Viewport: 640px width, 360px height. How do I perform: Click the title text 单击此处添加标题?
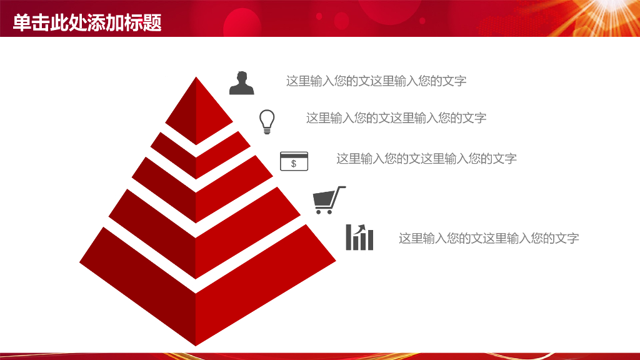click(87, 23)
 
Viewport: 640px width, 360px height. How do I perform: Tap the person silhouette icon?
click(242, 83)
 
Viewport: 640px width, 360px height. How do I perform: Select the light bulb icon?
click(267, 121)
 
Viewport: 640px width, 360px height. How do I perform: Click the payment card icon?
click(294, 161)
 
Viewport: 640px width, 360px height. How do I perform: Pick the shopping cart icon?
click(327, 201)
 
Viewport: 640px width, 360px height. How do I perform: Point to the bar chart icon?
click(359, 237)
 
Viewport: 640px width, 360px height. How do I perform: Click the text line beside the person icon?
click(376, 81)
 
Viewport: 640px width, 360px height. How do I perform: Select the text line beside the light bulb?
click(396, 118)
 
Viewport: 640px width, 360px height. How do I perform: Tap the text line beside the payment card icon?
click(426, 159)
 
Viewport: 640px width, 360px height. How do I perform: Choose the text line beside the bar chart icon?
click(489, 238)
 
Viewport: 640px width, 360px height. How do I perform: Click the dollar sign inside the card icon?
click(294, 164)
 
